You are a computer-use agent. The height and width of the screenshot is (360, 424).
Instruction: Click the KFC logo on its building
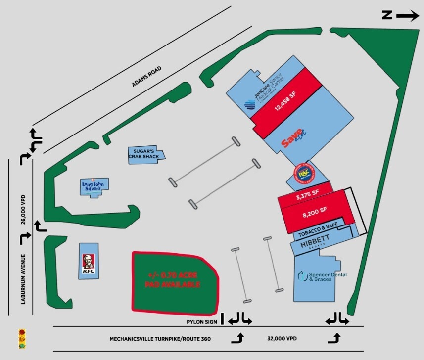click(x=88, y=263)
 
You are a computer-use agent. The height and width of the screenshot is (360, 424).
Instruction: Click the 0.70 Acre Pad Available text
click(x=173, y=280)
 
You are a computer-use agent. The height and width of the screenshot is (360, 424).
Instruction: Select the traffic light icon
click(x=22, y=339)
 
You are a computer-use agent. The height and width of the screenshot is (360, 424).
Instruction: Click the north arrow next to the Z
click(x=407, y=16)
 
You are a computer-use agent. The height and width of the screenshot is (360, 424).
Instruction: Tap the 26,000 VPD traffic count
click(x=23, y=210)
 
